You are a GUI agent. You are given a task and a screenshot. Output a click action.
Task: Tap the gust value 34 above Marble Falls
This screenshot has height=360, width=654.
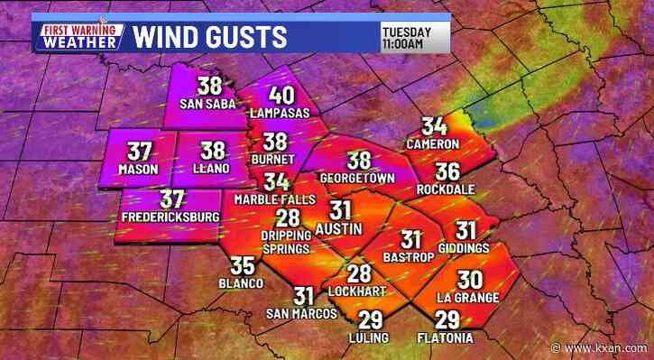tap(277, 181)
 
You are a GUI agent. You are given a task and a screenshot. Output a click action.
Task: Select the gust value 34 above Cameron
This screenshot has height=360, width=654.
tap(435, 127)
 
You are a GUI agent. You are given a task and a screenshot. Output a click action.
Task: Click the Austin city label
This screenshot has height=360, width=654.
tap(339, 228)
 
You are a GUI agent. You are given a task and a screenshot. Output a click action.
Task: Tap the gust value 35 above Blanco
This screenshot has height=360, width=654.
tap(242, 266)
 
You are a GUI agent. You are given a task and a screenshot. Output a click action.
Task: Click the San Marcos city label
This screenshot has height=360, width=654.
tap(301, 313)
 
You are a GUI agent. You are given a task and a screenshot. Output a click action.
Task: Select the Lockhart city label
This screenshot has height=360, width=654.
tap(359, 292)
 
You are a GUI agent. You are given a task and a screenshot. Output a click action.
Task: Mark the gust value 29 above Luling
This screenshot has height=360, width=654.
tap(370, 319)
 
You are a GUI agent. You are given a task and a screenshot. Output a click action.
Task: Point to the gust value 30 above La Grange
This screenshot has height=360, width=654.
tap(471, 280)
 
